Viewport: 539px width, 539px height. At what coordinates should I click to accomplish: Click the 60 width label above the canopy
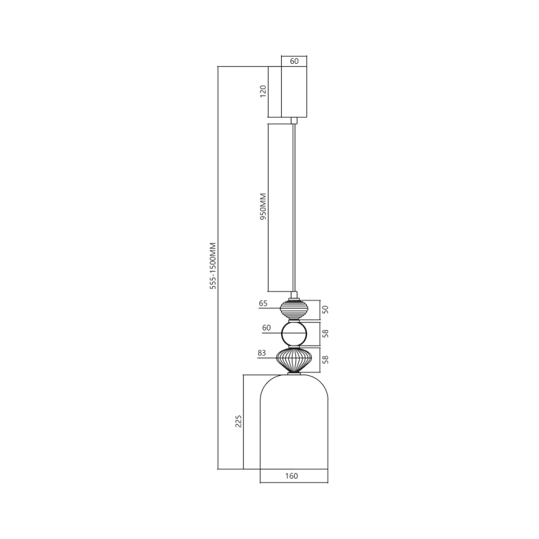tap(294, 62)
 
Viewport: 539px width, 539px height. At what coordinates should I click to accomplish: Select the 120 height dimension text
tap(263, 91)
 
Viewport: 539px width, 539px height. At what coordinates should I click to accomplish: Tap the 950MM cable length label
tap(263, 206)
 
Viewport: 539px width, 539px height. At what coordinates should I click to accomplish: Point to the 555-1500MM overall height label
tap(213, 266)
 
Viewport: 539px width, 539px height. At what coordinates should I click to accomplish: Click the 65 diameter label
tap(264, 304)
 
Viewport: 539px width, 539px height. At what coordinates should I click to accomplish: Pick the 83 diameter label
tap(262, 353)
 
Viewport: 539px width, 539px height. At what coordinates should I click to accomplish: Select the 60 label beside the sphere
tap(266, 328)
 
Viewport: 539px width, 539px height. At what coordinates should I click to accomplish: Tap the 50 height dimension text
tap(325, 310)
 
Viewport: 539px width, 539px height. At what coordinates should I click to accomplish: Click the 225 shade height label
tap(239, 420)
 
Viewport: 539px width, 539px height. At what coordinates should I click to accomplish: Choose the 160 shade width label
tap(292, 476)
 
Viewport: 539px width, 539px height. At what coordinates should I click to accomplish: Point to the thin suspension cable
tap(294, 208)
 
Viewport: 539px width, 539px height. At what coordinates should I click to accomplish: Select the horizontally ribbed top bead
tap(294, 310)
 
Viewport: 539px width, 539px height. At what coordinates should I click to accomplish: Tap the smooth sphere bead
tap(294, 334)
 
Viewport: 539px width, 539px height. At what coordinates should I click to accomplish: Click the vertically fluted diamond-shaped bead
tap(294, 359)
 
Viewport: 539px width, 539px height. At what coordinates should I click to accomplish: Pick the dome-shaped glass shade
tap(293, 424)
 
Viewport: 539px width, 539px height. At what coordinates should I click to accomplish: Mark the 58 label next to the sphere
tap(325, 334)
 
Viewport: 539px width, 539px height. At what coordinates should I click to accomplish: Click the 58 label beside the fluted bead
tap(325, 359)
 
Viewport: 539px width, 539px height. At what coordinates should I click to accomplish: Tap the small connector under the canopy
tap(294, 120)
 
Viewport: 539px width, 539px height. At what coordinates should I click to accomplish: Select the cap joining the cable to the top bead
tap(294, 295)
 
